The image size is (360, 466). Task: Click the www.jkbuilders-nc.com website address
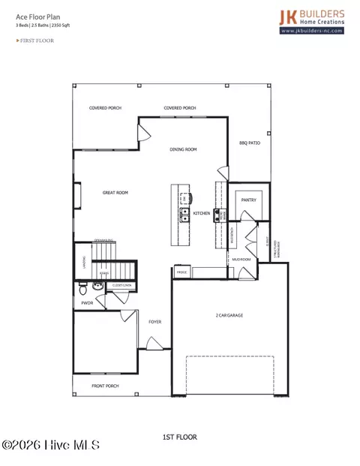(x=313, y=32)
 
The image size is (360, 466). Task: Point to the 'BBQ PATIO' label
(x=250, y=143)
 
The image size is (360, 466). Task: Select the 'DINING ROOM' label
(x=183, y=150)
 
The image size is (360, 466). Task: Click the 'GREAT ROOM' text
(x=115, y=193)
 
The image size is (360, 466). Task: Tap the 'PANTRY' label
(x=249, y=200)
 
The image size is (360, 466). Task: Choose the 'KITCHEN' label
(x=202, y=214)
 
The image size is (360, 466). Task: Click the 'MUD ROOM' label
(x=241, y=258)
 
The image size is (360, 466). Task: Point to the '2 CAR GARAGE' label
(x=229, y=315)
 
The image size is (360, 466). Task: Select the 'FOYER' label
(x=154, y=322)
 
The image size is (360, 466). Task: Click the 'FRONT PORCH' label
(x=105, y=386)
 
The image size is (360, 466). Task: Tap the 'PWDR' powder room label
(x=86, y=303)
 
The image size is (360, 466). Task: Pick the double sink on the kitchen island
(x=184, y=215)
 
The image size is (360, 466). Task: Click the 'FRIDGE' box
(x=181, y=272)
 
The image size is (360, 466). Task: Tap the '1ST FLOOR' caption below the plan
(x=180, y=437)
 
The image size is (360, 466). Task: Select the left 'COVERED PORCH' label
(x=105, y=108)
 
